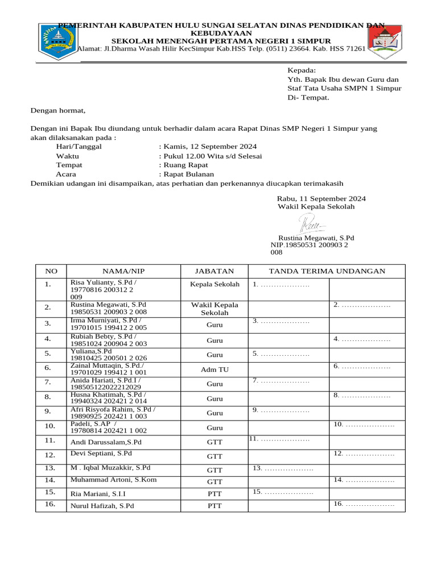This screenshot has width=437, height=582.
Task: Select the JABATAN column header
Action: [215, 271]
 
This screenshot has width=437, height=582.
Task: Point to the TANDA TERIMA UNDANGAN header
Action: [327, 271]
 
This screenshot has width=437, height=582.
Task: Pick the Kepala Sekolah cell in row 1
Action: [215, 284]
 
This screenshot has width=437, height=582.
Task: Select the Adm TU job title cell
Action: [215, 369]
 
